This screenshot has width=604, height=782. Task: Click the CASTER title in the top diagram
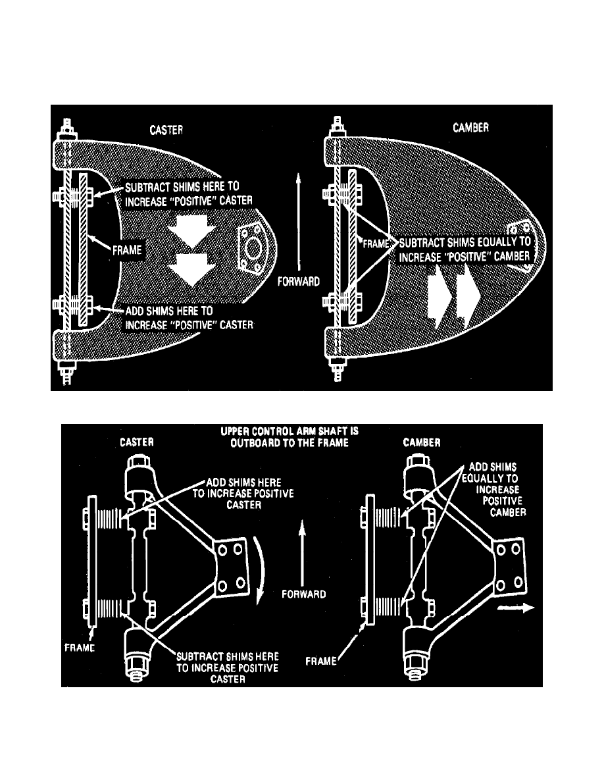point(165,131)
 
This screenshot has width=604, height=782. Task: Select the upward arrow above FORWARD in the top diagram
point(300,217)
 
